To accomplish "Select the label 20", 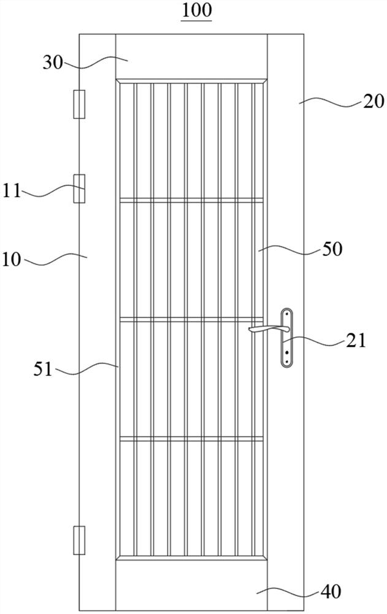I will click(373, 102).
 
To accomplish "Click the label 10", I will click(13, 260).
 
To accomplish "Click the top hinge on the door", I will click(79, 104).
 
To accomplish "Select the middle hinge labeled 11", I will click(79, 188).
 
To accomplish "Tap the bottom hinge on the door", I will click(79, 540).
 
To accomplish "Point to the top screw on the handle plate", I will click(286, 317).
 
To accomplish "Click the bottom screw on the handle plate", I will click(286, 360).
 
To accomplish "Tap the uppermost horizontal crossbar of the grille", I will click(191, 199).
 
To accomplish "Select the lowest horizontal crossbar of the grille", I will click(191, 438).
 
